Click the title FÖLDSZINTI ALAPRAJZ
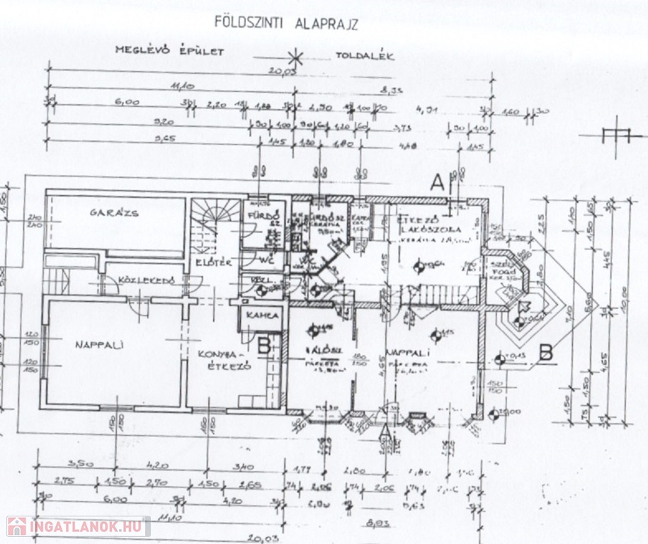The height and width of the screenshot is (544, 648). pyautogui.click(x=285, y=22)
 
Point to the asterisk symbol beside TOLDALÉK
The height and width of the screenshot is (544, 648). pyautogui.click(x=297, y=56)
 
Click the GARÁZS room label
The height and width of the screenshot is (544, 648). pyautogui.click(x=114, y=212)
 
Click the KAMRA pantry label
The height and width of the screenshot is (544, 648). pyautogui.click(x=263, y=315)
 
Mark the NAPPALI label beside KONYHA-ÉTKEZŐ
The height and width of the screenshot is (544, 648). pyautogui.click(x=99, y=345)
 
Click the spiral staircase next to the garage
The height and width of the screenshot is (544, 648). pyautogui.click(x=215, y=220)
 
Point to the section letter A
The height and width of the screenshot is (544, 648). pyautogui.click(x=438, y=183)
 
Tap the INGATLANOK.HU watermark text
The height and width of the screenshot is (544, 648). pyautogui.click(x=86, y=526)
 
